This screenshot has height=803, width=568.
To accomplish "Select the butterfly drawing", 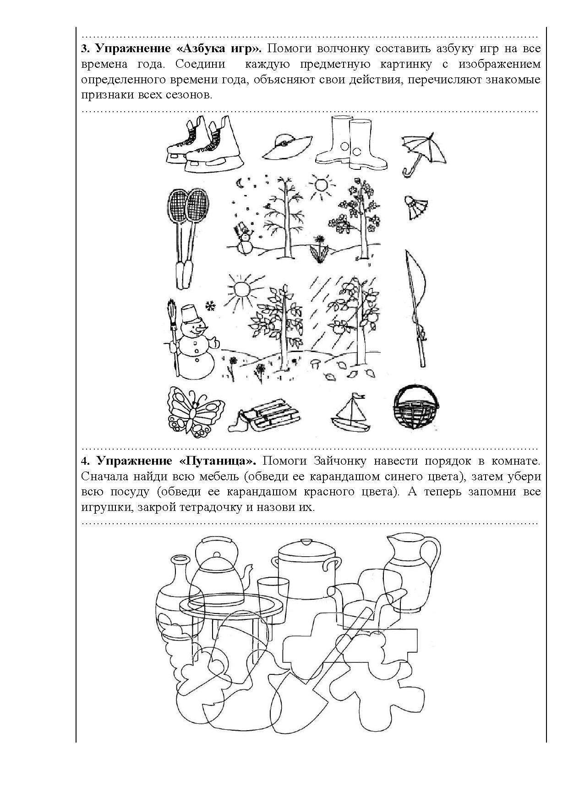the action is point(192,411).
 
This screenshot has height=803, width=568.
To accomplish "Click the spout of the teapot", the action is point(250,574).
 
